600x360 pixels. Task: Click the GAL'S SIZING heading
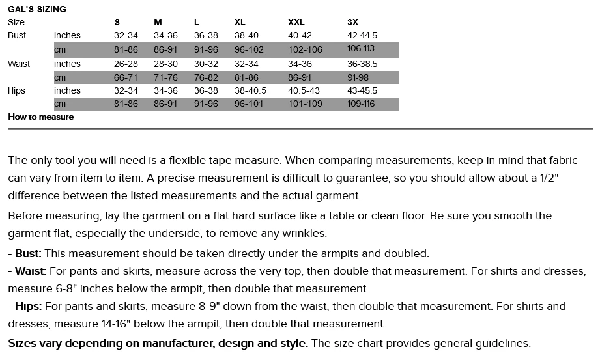coord(36,10)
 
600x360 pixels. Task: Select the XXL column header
coord(296,22)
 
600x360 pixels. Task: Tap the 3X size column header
coord(352,22)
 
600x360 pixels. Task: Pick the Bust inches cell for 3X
coord(362,35)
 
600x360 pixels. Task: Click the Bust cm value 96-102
coord(250,49)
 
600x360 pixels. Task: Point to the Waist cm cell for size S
coord(126,77)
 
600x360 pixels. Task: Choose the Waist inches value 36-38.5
coord(362,64)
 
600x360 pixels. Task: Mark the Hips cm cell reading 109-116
coord(361,104)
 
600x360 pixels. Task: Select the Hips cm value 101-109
coord(305,104)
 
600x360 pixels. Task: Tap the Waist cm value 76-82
coord(206,77)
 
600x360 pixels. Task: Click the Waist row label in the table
coord(18,64)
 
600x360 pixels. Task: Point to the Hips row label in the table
coord(17,90)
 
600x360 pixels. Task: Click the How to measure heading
coord(40,117)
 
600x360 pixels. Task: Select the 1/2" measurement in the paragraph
coord(567,178)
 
